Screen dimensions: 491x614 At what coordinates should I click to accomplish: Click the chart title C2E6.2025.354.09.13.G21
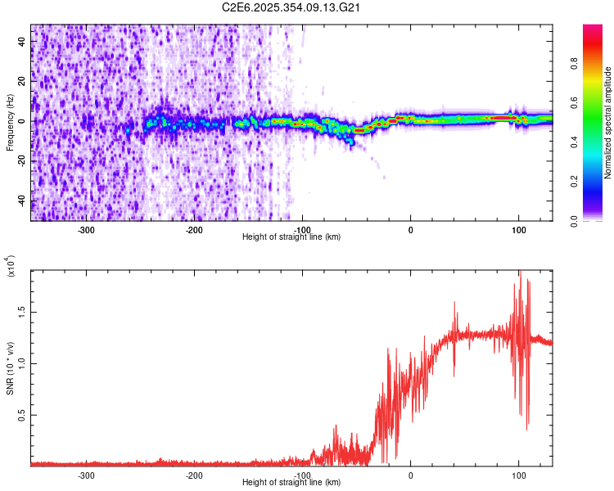point(292,8)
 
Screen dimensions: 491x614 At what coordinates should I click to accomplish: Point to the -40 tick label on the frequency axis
point(21,201)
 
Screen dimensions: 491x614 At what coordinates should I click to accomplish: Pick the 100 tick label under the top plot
point(518,229)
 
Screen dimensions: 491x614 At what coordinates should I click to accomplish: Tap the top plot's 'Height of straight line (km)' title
point(292,237)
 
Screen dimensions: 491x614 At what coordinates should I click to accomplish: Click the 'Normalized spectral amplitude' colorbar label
point(608,123)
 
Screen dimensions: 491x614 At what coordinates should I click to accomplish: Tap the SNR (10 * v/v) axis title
point(11,368)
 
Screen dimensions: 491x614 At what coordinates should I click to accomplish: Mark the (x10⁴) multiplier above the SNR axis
point(11,267)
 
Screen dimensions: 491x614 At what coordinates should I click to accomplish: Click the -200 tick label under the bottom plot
point(194,475)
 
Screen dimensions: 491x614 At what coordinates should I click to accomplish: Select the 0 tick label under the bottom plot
point(411,475)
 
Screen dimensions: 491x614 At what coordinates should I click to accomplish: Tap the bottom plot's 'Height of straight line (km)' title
point(292,483)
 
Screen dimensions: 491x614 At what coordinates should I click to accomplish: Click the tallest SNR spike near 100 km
point(519,273)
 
